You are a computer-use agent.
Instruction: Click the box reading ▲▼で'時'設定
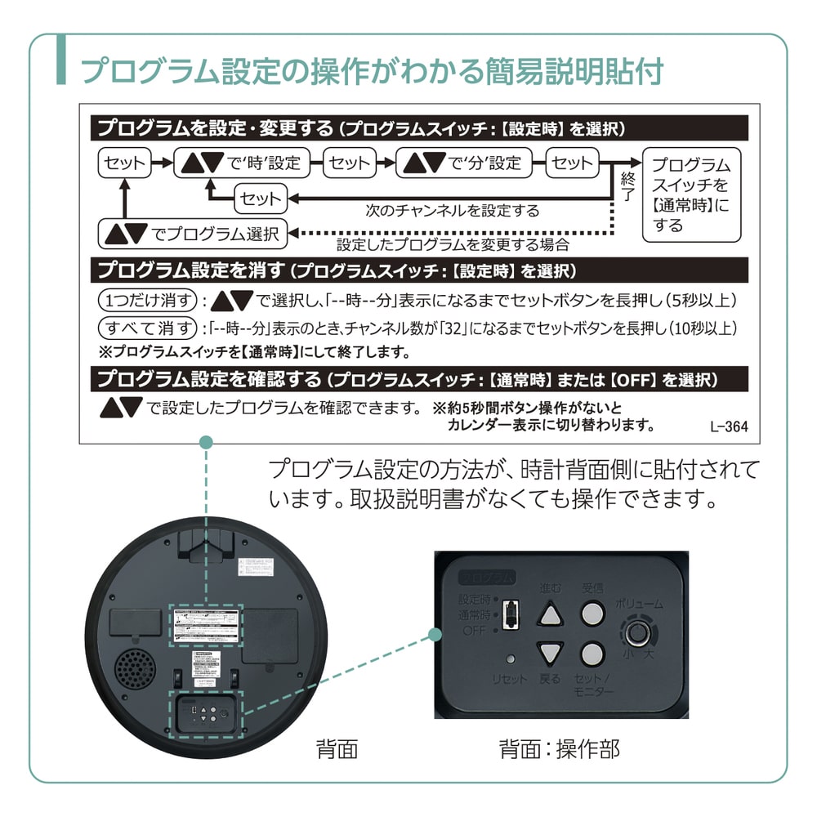click(x=242, y=163)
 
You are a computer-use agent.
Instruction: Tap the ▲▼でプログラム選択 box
click(x=192, y=234)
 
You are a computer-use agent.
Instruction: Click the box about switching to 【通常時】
click(x=690, y=194)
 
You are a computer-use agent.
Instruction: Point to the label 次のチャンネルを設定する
click(x=452, y=211)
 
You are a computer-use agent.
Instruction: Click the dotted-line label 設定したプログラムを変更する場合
click(x=453, y=244)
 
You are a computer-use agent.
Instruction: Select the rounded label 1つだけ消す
click(x=147, y=301)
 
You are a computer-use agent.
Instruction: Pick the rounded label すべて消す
click(x=147, y=328)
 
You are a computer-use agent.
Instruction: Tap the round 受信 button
click(x=593, y=613)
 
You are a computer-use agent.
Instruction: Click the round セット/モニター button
click(x=593, y=653)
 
